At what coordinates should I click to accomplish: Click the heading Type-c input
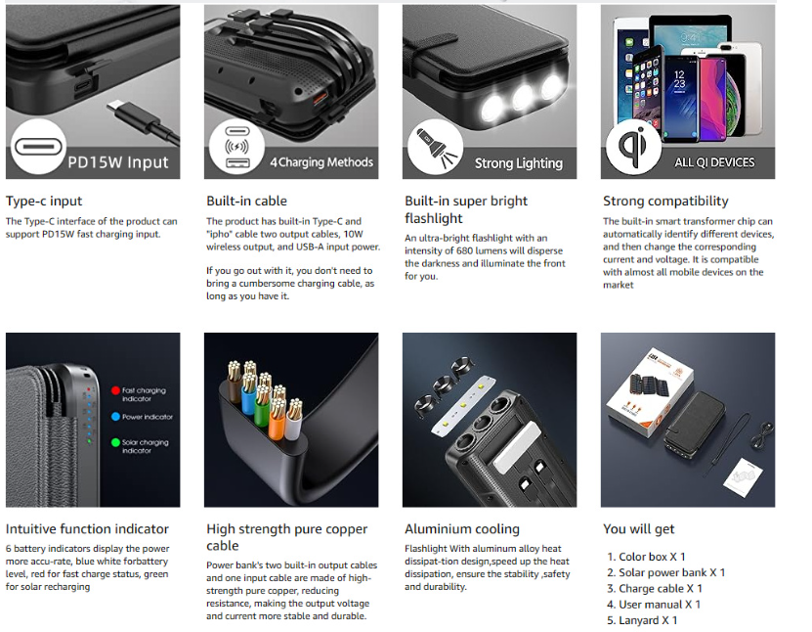click(44, 202)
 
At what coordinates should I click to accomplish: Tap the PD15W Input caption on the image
click(118, 162)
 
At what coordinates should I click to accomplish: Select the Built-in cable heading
click(246, 202)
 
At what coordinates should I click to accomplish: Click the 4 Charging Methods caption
click(321, 162)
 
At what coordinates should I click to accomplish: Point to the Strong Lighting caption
click(518, 163)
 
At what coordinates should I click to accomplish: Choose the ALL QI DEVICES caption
click(714, 162)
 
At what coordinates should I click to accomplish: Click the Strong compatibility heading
click(665, 202)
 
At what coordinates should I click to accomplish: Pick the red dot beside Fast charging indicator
click(114, 390)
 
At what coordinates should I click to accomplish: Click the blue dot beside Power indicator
click(114, 417)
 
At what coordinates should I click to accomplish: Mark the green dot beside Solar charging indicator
click(114, 442)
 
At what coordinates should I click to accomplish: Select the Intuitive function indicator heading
click(87, 529)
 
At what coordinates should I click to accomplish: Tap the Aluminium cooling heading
click(462, 529)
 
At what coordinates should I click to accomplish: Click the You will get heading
click(638, 529)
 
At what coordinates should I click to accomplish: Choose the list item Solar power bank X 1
click(671, 572)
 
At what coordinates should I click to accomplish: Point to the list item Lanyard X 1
click(648, 620)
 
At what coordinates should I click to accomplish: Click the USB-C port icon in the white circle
click(38, 148)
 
